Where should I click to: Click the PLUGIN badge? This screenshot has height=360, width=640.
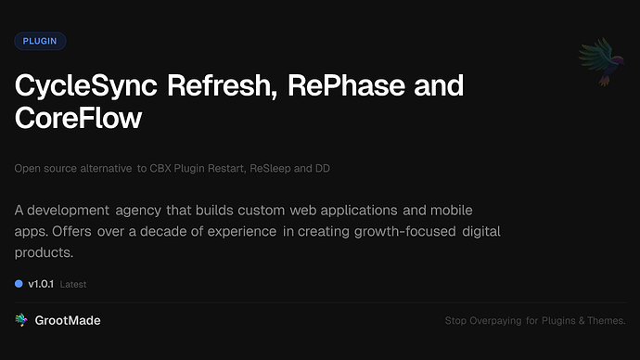[40, 41]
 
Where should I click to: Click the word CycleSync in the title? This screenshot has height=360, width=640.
[84, 86]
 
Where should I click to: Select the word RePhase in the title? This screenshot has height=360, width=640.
[341, 86]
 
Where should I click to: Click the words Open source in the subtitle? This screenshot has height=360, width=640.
[42, 169]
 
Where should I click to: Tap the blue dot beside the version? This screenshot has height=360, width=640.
[19, 284]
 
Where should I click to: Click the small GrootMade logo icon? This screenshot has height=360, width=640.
[21, 320]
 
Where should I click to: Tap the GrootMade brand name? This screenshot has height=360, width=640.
[68, 320]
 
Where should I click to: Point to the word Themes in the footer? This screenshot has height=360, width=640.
[608, 321]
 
